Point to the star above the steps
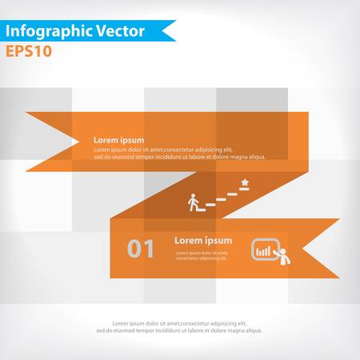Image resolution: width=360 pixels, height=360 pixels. point(244,183)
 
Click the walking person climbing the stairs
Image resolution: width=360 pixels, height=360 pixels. point(192,201)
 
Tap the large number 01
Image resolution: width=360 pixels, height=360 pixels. point(141,249)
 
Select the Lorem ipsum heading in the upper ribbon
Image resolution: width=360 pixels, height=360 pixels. point(119,139)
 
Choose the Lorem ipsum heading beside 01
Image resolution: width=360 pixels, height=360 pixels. point(203,240)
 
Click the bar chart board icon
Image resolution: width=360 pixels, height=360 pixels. point(263,249)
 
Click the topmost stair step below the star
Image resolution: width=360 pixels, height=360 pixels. point(232,193)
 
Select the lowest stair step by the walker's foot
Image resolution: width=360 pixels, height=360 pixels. point(210,205)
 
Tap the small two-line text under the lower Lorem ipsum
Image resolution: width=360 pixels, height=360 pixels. point(201,255)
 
